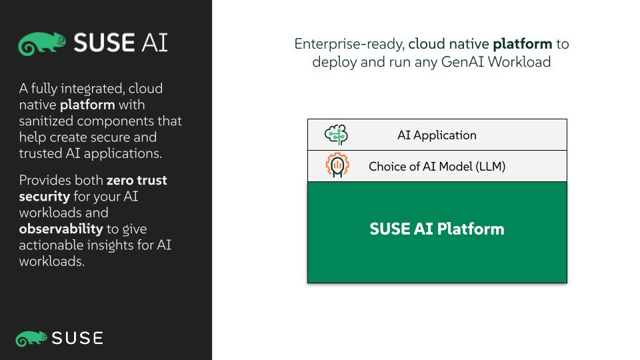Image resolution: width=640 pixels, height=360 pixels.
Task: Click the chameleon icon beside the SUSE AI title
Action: tap(41, 43)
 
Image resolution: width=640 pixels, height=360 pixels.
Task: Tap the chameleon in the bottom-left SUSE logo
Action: tap(31, 339)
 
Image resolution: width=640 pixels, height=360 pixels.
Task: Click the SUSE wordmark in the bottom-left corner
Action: tap(77, 339)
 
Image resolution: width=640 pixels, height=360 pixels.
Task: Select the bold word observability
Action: tap(61, 229)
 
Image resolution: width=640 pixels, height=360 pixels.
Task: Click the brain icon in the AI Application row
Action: tap(336, 135)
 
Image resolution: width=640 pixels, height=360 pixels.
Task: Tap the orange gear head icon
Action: tap(337, 165)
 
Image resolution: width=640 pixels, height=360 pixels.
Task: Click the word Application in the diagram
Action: tap(445, 135)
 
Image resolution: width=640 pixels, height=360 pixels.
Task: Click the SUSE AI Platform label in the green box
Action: tap(437, 229)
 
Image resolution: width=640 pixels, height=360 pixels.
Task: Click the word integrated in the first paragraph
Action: tap(92, 89)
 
